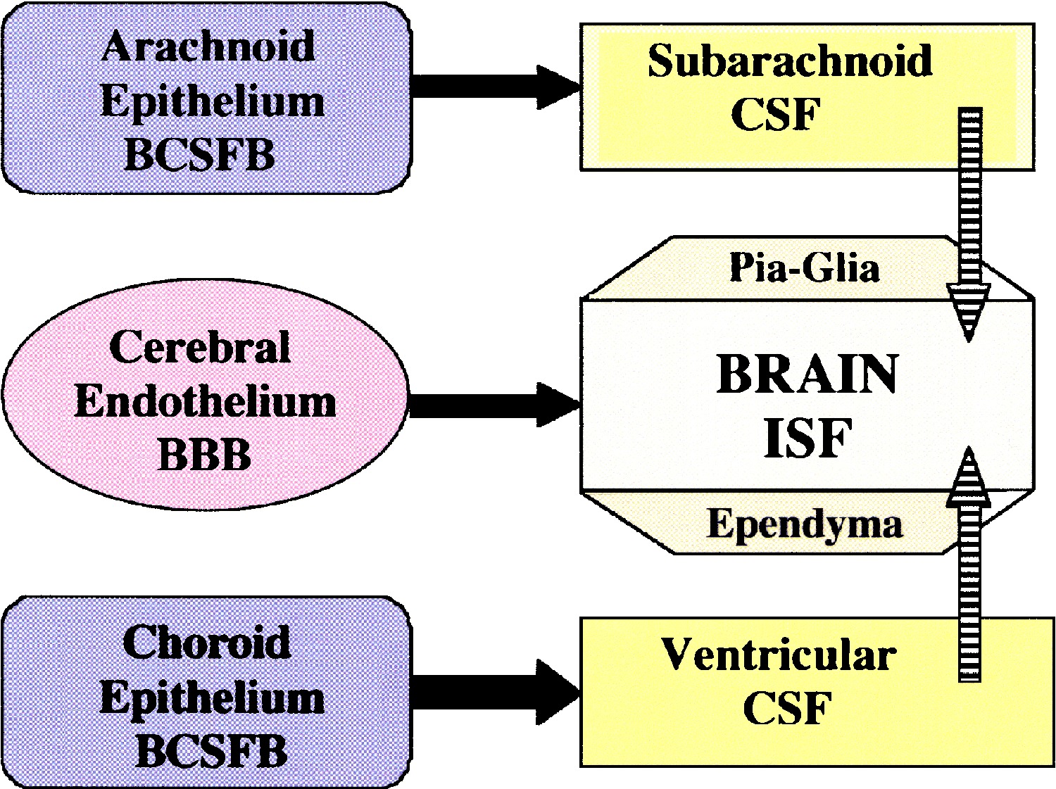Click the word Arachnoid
click(208, 47)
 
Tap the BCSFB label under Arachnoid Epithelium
click(200, 155)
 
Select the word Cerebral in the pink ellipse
click(200, 347)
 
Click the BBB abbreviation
click(205, 455)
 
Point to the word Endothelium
click(205, 402)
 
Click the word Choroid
click(206, 642)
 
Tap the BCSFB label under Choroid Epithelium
click(211, 751)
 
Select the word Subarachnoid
click(790, 61)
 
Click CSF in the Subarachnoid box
click(776, 115)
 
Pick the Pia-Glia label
click(804, 268)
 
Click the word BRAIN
click(807, 374)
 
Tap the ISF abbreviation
click(807, 438)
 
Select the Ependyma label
click(804, 524)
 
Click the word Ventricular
click(778, 655)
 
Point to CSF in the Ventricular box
click(787, 708)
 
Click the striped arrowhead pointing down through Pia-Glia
click(969, 310)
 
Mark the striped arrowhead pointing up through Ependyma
click(969, 479)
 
